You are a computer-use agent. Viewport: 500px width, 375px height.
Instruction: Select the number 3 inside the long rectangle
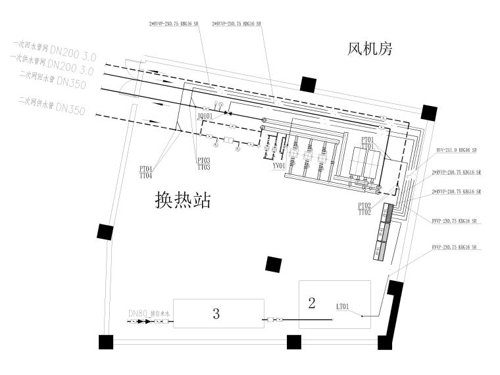click(x=216, y=314)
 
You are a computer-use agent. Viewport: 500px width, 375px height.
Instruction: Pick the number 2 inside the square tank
click(x=312, y=303)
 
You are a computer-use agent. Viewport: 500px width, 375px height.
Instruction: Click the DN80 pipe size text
click(x=137, y=314)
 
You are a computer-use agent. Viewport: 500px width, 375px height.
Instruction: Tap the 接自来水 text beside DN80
click(x=161, y=314)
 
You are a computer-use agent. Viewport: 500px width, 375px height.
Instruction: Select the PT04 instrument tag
click(x=146, y=169)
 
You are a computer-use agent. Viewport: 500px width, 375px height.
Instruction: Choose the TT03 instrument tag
click(x=204, y=168)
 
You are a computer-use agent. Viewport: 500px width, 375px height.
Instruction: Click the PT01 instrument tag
click(x=367, y=139)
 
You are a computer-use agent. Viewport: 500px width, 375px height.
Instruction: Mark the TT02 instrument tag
click(x=364, y=213)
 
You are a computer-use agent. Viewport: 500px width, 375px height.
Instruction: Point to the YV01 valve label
click(x=278, y=166)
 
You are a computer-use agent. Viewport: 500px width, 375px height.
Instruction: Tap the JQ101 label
click(x=205, y=116)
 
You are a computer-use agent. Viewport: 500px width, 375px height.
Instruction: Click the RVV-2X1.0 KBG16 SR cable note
click(x=457, y=151)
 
